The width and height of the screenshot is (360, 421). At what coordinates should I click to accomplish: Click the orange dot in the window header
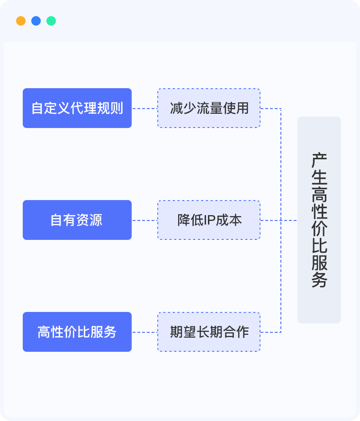21,21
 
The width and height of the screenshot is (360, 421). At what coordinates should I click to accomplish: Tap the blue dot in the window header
36,21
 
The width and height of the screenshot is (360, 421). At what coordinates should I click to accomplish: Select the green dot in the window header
51,21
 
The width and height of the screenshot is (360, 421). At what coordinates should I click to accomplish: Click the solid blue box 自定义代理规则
77,108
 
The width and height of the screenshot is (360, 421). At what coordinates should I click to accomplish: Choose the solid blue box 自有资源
77,220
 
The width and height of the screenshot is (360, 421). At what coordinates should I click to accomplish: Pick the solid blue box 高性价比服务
77,332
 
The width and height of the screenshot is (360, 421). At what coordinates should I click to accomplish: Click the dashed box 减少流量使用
209,108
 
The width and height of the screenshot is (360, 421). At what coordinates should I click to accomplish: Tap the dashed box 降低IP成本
209,220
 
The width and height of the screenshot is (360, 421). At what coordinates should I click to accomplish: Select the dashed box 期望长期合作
209,332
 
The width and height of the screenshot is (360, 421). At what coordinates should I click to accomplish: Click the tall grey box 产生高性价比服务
319,220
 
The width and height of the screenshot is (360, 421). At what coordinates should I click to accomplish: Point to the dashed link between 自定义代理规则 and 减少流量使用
144,109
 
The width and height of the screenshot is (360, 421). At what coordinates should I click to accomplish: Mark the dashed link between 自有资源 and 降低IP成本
144,220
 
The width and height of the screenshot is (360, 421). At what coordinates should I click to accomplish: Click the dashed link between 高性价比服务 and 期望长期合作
144,332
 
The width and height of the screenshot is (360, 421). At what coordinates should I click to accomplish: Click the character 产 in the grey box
319,160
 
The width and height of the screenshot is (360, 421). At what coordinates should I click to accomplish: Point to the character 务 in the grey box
319,280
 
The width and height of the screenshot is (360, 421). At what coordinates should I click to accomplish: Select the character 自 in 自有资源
57,220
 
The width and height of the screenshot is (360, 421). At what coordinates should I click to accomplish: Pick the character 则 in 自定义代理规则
117,108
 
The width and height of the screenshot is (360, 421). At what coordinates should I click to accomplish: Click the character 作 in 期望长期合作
242,332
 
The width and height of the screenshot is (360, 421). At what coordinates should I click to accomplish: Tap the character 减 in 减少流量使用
176,108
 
